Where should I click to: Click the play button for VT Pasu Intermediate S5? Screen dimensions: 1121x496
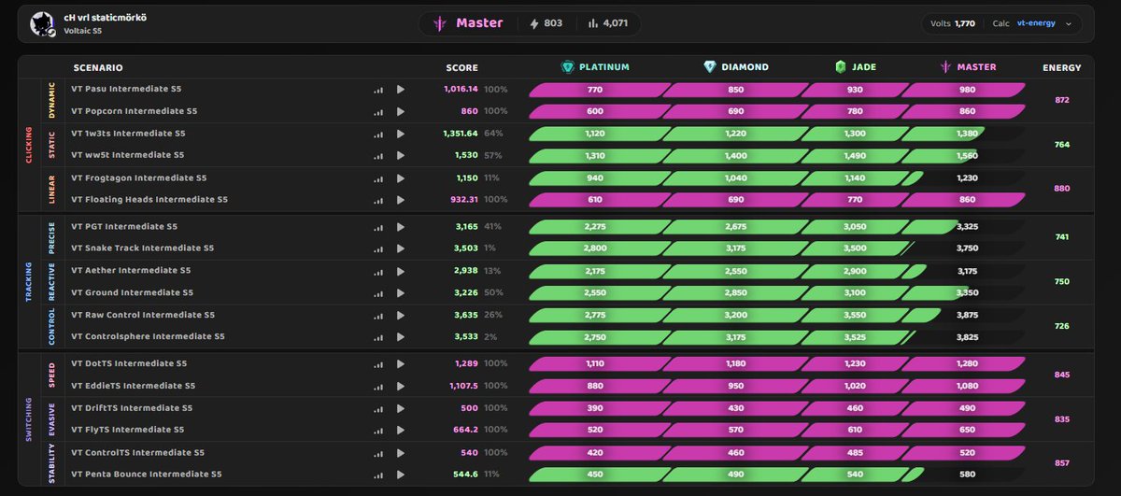401,89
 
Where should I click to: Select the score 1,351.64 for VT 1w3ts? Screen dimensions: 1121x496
461,134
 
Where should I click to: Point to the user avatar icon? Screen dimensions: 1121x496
42,24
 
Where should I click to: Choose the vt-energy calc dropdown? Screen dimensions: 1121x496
1044,23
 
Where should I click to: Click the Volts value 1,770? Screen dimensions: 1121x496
964,23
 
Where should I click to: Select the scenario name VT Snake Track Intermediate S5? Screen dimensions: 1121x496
143,248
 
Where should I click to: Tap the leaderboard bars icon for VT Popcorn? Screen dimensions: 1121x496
378,111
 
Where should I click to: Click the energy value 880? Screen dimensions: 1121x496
1061,189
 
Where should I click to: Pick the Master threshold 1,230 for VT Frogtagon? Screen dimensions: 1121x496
967,178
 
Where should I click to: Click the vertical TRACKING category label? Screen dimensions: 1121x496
29,282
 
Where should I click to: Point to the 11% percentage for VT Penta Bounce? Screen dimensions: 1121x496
491,474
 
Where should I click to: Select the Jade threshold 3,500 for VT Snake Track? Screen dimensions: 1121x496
855,248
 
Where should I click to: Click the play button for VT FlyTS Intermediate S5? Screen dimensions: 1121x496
401,430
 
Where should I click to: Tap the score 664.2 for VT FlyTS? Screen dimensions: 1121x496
465,430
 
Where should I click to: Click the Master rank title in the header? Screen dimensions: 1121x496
479,23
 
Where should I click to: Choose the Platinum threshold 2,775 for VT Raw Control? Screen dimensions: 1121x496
595,316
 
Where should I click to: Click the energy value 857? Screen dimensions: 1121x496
1061,463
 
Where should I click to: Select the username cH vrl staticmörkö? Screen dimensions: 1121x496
105,18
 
